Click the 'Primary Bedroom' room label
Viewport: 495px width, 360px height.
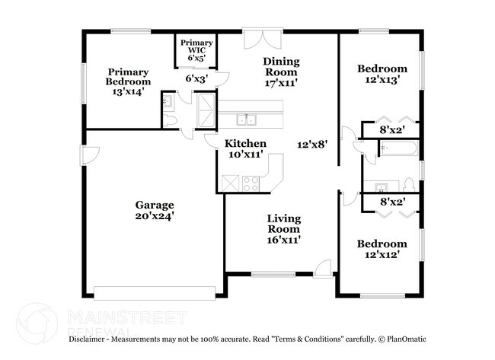click(x=128, y=76)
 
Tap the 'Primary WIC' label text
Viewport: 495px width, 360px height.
click(x=196, y=48)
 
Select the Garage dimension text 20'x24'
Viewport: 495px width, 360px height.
click(x=155, y=215)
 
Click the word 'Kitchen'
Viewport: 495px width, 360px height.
click(x=245, y=143)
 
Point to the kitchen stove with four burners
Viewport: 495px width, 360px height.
click(x=250, y=183)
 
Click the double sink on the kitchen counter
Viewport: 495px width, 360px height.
click(x=246, y=119)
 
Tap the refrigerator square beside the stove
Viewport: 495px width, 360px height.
click(x=229, y=183)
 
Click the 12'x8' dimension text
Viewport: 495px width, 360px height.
click(x=312, y=143)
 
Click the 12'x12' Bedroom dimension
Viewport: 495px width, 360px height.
click(x=382, y=254)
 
